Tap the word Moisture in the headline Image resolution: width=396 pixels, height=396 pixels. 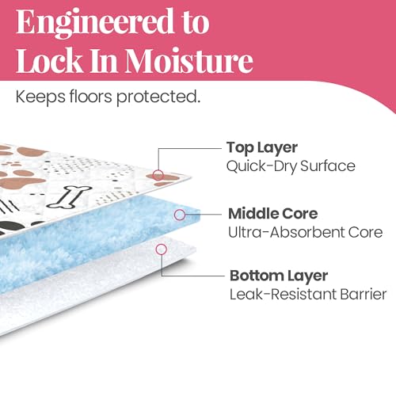[189, 60]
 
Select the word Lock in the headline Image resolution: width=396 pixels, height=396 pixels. [50, 60]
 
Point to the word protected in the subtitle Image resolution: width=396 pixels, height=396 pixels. [158, 97]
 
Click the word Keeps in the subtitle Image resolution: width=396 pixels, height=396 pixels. [40, 97]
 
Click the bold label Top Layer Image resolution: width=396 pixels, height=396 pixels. [262, 148]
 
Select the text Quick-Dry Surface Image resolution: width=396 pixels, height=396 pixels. [291, 166]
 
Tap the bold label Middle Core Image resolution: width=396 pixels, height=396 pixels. [272, 214]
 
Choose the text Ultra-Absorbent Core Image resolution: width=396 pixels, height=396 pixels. [306, 232]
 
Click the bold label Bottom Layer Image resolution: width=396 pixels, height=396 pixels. [279, 276]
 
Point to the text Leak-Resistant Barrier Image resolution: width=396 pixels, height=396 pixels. [308, 294]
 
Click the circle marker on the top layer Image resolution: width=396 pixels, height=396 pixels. [158, 175]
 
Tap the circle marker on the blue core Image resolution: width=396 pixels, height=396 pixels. [180, 215]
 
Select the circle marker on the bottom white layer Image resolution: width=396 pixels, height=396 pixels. [162, 249]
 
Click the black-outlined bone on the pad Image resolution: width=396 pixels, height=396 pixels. [69, 196]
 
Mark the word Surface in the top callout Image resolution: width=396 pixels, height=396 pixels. [328, 166]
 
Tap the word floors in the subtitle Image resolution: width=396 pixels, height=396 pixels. [91, 96]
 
